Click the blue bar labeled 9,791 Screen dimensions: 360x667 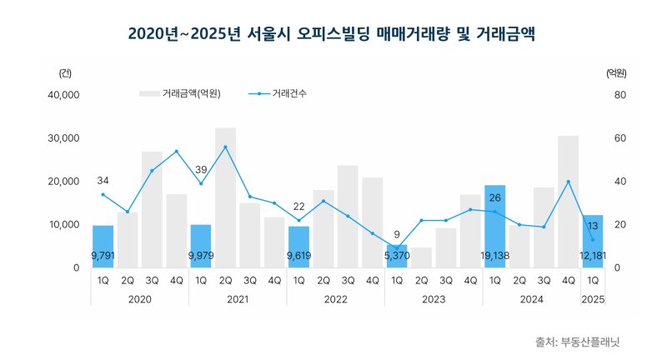(103, 247)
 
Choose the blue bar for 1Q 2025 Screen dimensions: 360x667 (593, 242)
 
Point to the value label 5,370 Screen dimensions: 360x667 (398, 256)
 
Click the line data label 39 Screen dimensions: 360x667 (201, 169)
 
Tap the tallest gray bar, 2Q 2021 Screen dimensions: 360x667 (225, 197)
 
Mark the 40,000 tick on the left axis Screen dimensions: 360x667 (64, 95)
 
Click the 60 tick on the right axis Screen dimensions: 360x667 (620, 138)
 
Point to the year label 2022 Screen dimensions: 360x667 (335, 297)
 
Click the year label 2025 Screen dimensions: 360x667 (593, 297)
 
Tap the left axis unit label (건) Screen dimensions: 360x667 (65, 73)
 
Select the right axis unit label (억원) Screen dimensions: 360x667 (616, 73)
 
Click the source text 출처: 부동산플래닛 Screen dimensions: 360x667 (578, 342)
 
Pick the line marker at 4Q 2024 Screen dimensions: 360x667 (568, 182)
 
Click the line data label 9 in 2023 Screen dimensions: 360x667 (397, 234)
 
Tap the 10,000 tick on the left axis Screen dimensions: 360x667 (64, 225)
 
